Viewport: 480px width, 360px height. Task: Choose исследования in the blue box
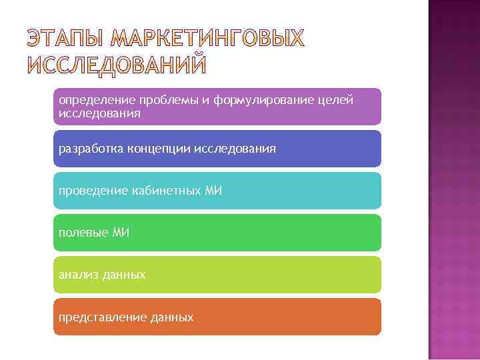[235, 149]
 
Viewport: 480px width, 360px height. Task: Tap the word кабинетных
[162, 191]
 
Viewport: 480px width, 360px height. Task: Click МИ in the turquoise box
[213, 191]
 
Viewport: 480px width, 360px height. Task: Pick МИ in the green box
[119, 233]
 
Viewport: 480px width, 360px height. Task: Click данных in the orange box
[171, 317]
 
